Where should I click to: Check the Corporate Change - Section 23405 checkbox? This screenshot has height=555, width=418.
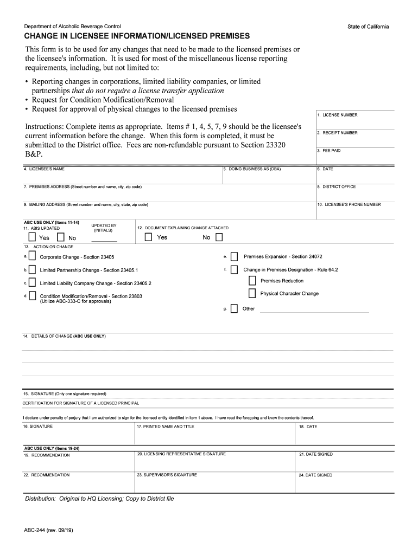point(33,256)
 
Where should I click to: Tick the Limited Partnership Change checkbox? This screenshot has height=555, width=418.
point(33,269)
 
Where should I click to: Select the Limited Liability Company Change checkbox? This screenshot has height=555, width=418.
point(33,283)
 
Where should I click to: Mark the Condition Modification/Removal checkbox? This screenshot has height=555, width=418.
point(33,296)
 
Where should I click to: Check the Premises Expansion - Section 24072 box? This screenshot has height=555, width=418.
point(234,256)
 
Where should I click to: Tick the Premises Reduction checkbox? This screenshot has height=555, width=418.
point(252,281)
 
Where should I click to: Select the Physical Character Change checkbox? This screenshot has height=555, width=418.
point(252,293)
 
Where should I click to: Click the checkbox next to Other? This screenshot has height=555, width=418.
point(234,309)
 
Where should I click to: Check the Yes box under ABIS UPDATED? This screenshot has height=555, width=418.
point(32,237)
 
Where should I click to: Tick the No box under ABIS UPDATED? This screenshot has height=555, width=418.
point(60,237)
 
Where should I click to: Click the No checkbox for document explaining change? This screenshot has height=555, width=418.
point(219,237)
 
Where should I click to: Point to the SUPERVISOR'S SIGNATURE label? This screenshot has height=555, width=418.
point(167,475)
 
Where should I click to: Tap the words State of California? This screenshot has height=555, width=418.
point(368,27)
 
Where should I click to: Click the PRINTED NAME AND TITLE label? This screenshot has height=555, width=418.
point(166,427)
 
